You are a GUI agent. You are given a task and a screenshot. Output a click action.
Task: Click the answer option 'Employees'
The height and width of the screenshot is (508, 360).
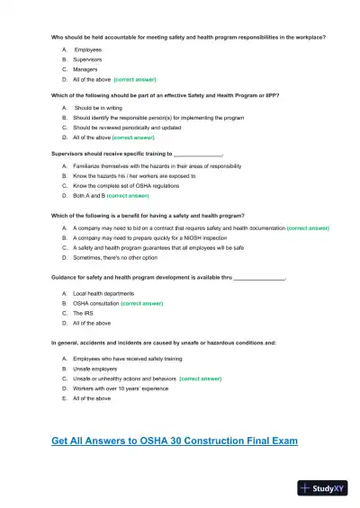click(x=87, y=49)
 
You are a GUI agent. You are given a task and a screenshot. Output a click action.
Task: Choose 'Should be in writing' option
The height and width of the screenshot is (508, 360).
click(x=100, y=108)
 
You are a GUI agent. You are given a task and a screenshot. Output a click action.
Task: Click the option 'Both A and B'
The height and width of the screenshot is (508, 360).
click(x=91, y=195)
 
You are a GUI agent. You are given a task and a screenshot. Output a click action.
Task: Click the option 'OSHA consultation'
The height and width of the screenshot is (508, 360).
click(x=96, y=304)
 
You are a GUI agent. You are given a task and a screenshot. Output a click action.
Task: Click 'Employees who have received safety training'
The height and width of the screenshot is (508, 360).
click(x=127, y=359)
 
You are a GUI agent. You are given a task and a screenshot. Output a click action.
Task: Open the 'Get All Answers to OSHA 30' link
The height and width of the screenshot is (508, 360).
click(x=174, y=441)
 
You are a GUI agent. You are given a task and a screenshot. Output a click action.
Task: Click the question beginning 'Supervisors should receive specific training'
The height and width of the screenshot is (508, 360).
click(x=136, y=154)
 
